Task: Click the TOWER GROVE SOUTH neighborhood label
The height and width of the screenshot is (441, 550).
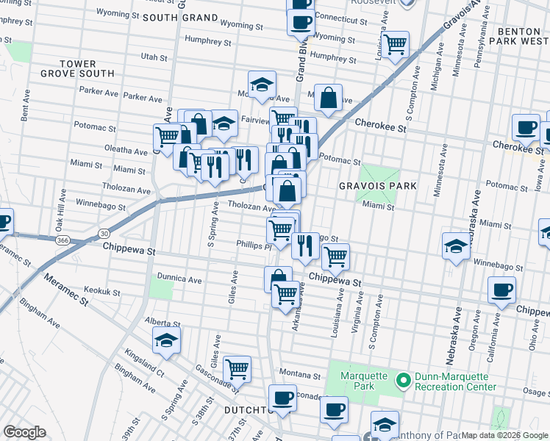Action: tap(77, 68)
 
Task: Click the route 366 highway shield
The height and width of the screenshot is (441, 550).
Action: tap(63, 240)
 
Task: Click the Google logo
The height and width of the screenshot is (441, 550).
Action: tap(24, 431)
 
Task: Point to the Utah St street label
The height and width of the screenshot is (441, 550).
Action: tap(154, 57)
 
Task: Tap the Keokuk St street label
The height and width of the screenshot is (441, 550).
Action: tap(101, 292)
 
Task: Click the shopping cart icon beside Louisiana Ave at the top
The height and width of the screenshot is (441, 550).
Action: tap(395, 43)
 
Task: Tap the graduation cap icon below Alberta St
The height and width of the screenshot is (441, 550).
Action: tap(167, 340)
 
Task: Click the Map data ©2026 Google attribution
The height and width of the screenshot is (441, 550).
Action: tap(504, 435)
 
